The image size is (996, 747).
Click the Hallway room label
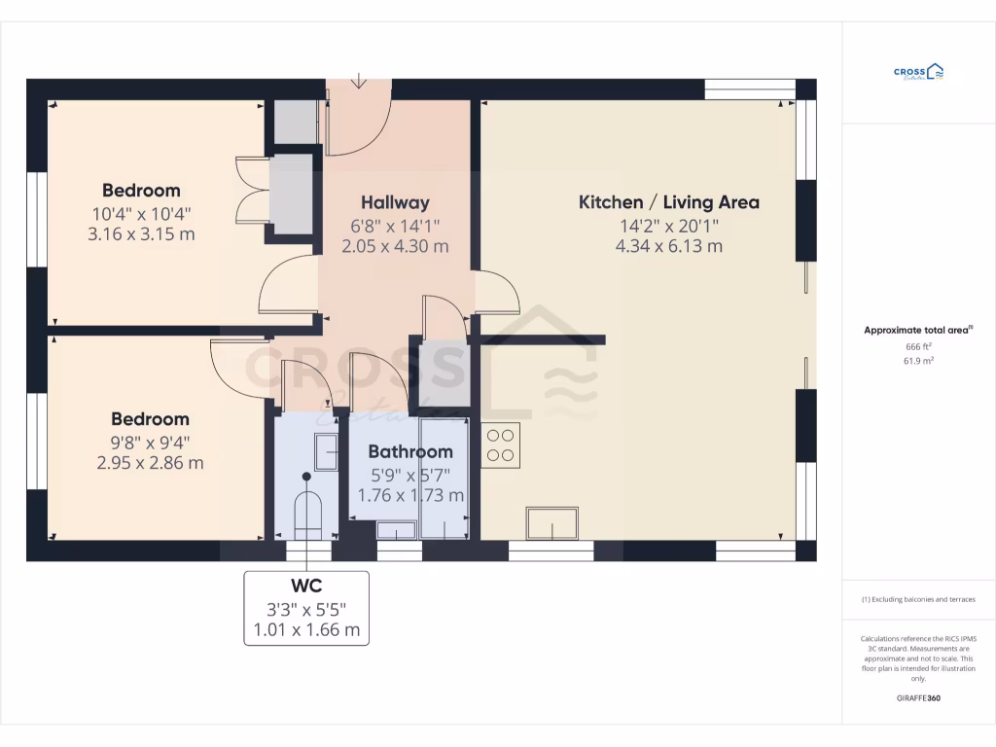coord(395,203)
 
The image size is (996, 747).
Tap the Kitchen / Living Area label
coord(669,202)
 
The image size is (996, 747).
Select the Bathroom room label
coord(409,451)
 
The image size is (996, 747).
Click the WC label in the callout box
coord(306,586)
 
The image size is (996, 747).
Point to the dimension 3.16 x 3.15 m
coord(142,233)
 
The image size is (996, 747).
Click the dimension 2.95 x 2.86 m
coord(150,463)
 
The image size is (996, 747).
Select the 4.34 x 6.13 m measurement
coord(669,246)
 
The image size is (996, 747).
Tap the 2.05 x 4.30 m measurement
coord(395,246)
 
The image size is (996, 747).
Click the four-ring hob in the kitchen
coord(501,445)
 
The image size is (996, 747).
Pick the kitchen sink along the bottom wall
coord(552,523)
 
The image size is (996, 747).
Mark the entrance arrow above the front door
coord(359,82)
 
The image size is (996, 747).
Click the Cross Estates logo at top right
coord(918,72)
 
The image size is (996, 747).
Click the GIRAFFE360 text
coord(918,698)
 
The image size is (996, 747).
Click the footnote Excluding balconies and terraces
coord(918,599)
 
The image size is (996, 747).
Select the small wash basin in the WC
coord(326,452)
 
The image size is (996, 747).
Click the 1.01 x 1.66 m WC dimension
coord(306,629)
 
